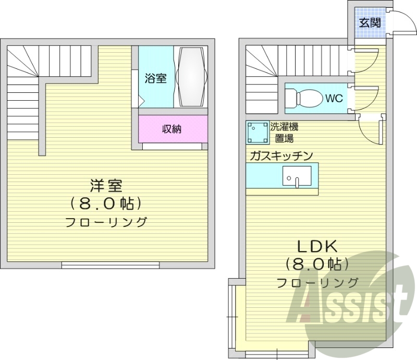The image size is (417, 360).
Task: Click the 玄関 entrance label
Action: pyautogui.click(x=369, y=22)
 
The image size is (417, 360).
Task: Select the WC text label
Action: pyautogui.click(x=334, y=98)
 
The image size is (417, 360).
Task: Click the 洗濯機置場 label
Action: pyautogui.click(x=284, y=133)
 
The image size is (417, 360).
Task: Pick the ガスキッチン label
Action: pyautogui.click(x=281, y=155)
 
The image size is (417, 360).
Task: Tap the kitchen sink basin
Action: pyautogui.click(x=296, y=176)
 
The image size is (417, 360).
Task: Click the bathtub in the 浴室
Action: pyautogui.click(x=192, y=78)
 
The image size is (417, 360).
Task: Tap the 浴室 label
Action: pyautogui.click(x=156, y=78)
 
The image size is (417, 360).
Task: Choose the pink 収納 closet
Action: pyautogui.click(x=172, y=128)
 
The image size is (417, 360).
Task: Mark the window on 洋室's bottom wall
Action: pyautogui.click(x=111, y=265)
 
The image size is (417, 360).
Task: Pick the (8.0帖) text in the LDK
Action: pyautogui.click(x=317, y=265)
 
